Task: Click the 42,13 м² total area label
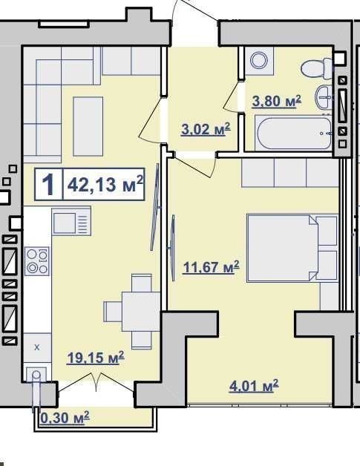(x=105, y=184)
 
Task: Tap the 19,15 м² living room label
(x=96, y=358)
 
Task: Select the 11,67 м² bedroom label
(x=211, y=266)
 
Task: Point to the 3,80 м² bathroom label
(x=276, y=101)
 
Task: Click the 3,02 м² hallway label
(x=206, y=129)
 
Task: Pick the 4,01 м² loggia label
(x=254, y=386)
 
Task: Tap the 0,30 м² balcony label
(x=65, y=418)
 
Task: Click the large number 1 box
(x=49, y=184)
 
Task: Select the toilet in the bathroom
(x=317, y=69)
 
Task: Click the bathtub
(x=293, y=133)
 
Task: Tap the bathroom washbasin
(x=324, y=97)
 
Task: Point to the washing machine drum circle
(x=259, y=60)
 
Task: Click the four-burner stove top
(x=37, y=261)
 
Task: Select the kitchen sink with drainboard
(x=71, y=221)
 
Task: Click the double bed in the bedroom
(x=292, y=248)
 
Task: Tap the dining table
(x=141, y=312)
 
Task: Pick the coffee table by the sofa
(x=88, y=126)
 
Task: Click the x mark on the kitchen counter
(x=37, y=347)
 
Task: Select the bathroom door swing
(x=233, y=96)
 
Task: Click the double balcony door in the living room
(x=96, y=382)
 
